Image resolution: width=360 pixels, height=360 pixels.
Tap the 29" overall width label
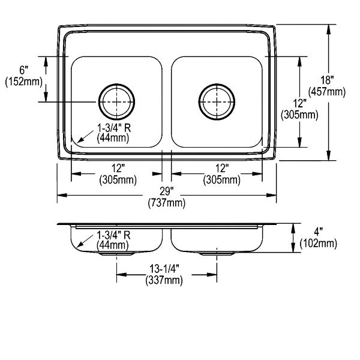167,191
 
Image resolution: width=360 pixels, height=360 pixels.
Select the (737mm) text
167,203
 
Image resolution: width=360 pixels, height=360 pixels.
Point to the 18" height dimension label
327,80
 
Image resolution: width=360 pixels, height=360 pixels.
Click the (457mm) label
327,92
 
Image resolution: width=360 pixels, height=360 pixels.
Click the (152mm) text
24,82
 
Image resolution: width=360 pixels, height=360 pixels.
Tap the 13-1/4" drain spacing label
164,269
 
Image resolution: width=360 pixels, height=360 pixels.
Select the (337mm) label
164,280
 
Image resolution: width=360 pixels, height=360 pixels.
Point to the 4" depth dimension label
319,232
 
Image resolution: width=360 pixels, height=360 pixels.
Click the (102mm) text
319,244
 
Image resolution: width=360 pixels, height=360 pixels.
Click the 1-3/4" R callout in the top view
114,128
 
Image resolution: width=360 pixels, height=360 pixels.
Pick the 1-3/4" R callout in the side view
113,235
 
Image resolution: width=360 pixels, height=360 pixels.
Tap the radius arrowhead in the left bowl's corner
79,140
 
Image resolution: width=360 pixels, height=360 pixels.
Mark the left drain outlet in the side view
116,254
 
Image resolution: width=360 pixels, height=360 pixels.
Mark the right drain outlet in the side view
217,254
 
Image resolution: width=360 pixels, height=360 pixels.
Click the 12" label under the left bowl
118,169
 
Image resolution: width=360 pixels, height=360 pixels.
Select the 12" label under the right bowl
222,169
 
